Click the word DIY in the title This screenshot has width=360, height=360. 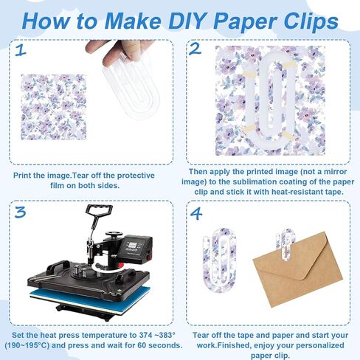[x=190, y=21]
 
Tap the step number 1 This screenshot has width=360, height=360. [x=21, y=50]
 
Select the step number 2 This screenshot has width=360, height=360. [x=195, y=49]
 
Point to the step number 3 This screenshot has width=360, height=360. [x=20, y=212]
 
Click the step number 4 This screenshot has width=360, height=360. [x=196, y=214]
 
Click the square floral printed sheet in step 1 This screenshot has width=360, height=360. [x=54, y=107]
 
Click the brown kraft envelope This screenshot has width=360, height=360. [x=297, y=269]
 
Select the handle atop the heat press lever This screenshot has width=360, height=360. [x=99, y=210]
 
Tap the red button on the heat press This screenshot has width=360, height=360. [x=148, y=257]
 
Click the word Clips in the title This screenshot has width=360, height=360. [x=311, y=21]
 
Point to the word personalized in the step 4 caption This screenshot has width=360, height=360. [x=320, y=345]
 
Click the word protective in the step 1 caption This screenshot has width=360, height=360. [x=136, y=176]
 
